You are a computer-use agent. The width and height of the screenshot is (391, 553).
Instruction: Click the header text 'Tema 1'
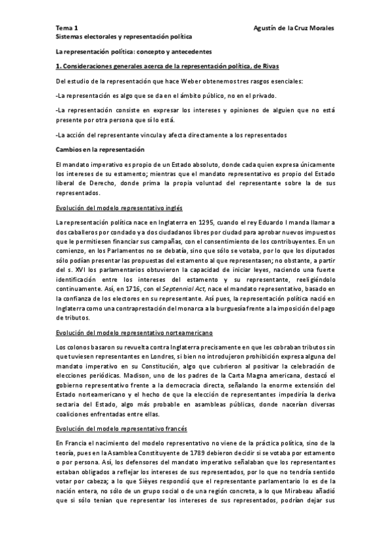coord(66,29)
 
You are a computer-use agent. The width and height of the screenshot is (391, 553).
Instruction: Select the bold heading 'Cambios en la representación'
coord(99,149)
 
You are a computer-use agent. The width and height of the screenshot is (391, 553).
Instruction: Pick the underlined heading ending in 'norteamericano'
coord(134,332)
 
